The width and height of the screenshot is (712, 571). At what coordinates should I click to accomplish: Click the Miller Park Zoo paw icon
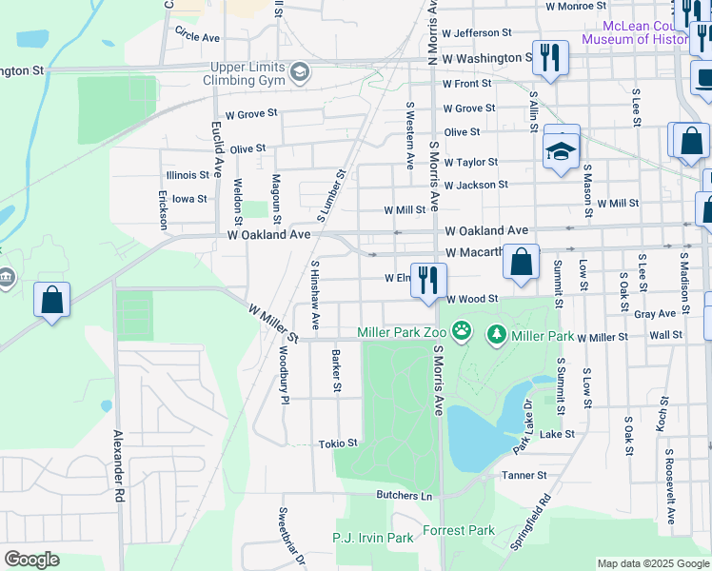462,332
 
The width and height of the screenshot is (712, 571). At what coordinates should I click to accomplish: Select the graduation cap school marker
562,149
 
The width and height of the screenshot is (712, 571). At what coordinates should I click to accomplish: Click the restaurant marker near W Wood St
428,281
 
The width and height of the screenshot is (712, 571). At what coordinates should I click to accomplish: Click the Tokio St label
338,443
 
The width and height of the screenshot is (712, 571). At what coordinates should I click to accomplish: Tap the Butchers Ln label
404,496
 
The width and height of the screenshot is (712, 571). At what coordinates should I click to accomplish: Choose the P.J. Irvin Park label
372,538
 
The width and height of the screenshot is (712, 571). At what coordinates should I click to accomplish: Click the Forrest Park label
459,530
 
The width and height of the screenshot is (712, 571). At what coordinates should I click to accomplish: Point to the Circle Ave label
197,34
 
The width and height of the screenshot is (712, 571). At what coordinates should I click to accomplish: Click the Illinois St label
187,175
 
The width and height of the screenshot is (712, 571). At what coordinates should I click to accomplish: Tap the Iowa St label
189,199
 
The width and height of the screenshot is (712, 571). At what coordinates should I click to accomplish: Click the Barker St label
336,371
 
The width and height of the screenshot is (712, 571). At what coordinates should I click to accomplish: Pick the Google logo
32,560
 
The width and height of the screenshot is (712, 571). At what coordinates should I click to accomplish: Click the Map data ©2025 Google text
652,563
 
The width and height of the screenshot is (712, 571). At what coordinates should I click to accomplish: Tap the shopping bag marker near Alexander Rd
52,299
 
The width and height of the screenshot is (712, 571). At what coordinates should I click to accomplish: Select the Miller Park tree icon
496,335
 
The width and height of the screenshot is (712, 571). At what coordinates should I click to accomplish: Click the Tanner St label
524,475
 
